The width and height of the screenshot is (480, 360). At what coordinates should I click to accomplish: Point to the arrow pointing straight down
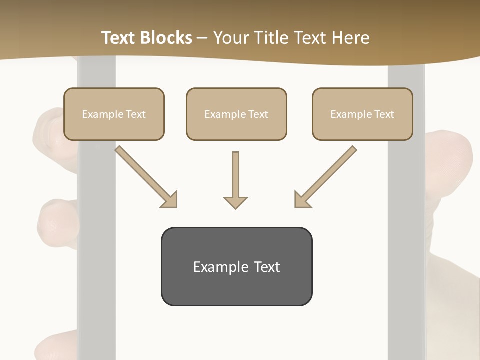click(235, 177)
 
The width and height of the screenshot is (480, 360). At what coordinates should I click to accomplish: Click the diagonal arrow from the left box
click(145, 176)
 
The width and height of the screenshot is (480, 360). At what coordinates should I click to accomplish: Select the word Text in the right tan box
click(384, 114)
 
